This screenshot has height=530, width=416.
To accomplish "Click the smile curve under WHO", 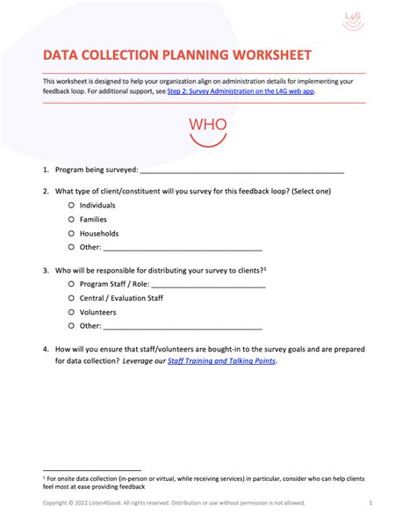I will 208,137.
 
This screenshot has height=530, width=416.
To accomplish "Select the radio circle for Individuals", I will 71,205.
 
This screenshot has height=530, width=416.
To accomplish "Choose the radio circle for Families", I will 71,219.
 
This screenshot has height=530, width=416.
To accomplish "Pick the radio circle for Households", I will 71,233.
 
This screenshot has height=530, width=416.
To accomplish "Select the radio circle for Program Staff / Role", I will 71,284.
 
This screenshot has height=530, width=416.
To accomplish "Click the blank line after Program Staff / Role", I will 208,285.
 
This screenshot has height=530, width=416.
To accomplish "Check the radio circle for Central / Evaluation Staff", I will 71,298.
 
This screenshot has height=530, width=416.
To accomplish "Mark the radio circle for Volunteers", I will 71,311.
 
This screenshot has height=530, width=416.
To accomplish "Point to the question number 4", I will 45,349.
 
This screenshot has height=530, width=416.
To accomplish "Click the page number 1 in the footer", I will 371,504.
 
